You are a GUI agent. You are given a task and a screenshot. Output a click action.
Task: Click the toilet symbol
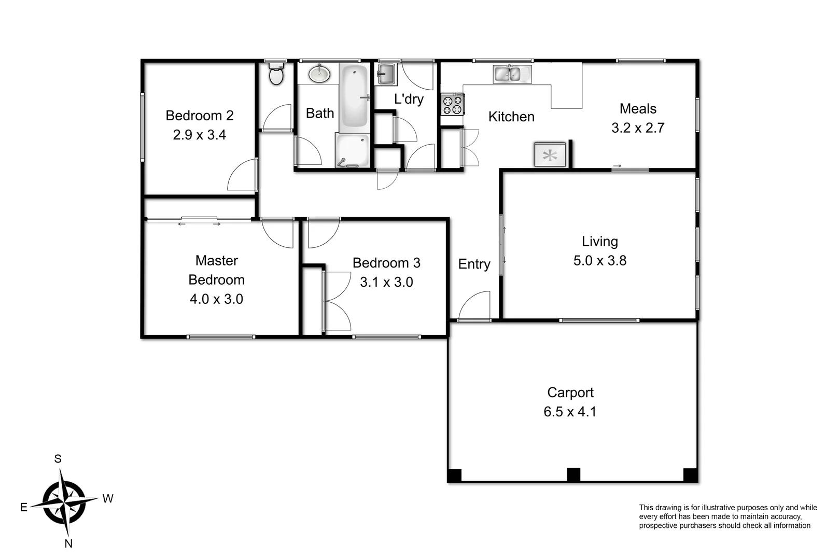276,75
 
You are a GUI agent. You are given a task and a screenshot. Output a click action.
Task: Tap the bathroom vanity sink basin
319,74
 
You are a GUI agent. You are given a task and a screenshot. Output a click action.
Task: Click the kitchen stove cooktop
452,104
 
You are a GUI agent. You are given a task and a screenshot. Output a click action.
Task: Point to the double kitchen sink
512,74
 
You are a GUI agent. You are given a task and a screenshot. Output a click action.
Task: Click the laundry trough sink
386,74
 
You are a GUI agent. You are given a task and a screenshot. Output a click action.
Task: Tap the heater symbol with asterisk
550,155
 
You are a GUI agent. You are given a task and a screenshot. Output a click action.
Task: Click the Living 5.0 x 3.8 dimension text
599,260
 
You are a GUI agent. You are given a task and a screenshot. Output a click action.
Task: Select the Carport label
570,393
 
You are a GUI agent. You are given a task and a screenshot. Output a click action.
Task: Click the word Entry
474,264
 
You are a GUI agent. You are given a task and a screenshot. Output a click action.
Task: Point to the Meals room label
638,109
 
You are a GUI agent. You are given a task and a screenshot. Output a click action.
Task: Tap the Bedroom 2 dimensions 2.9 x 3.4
199,135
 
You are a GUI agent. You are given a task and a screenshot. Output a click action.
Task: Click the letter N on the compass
68,543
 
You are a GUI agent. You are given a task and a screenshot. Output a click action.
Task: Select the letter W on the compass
107,499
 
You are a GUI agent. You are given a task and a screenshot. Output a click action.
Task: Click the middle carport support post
573,474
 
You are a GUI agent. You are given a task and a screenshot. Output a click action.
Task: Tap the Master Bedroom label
216,270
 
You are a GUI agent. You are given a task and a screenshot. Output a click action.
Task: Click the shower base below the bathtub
353,150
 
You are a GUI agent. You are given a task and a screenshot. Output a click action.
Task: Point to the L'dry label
409,99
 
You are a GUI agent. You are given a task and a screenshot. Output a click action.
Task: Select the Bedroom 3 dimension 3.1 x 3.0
386,282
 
